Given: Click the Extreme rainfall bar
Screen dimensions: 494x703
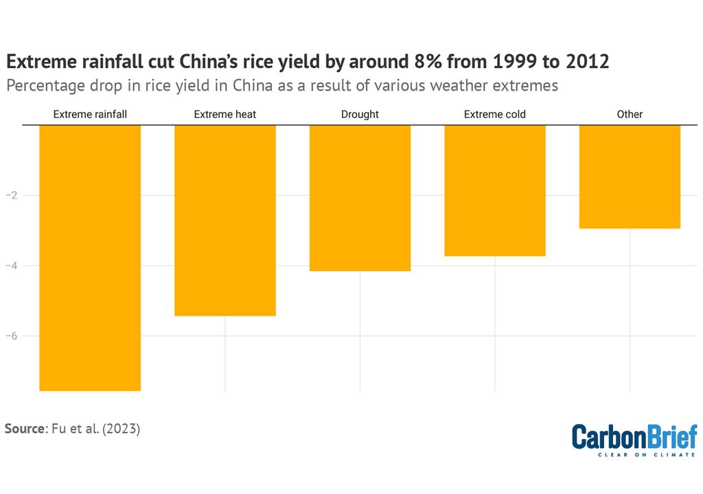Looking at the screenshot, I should (x=90, y=257).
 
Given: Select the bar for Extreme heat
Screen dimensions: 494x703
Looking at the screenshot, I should (x=225, y=220).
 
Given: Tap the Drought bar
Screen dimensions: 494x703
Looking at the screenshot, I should (x=360, y=198).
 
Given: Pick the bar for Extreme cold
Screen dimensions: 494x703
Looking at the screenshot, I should (x=495, y=190).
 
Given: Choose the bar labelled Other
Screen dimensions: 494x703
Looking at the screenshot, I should (x=630, y=176).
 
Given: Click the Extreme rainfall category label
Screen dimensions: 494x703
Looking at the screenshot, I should (x=90, y=114).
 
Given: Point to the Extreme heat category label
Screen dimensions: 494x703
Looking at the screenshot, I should (x=225, y=114).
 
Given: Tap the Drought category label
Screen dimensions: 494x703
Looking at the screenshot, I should (x=360, y=114).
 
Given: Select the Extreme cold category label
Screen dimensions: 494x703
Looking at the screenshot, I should (x=495, y=114).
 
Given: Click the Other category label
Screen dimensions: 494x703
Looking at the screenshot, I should (x=630, y=114).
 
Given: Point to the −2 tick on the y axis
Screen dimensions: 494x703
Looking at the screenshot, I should (x=11, y=196).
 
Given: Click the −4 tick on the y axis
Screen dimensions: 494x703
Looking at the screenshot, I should (x=11, y=266).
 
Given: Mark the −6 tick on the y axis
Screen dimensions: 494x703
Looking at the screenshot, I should (x=11, y=336).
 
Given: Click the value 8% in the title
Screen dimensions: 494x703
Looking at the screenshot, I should (x=430, y=61).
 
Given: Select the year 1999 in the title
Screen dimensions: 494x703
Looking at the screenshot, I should (x=504, y=61).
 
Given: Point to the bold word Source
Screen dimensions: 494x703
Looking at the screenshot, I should (x=24, y=429).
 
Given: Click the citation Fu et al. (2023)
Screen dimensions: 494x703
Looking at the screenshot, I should (x=95, y=429).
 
